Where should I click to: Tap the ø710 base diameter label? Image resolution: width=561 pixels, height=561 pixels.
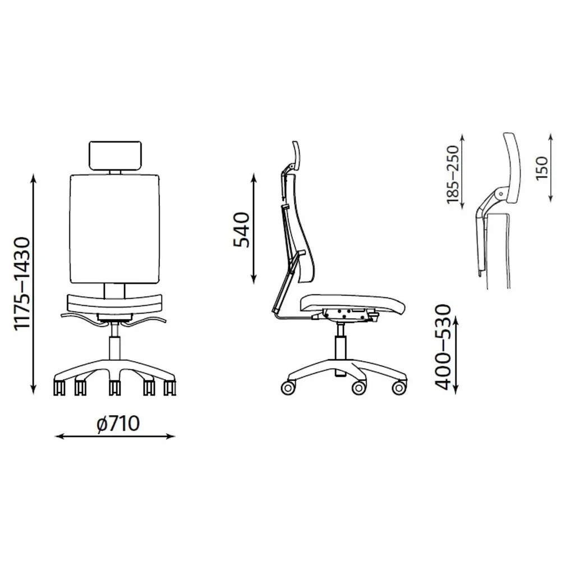[118, 424]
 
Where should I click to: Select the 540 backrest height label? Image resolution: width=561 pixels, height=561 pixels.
[241, 229]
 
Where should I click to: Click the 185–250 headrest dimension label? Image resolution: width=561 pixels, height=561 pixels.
[453, 174]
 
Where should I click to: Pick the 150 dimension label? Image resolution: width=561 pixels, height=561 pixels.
[542, 168]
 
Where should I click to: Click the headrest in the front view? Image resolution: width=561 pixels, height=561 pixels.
[115, 155]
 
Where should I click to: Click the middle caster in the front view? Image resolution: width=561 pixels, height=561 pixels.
[114, 388]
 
